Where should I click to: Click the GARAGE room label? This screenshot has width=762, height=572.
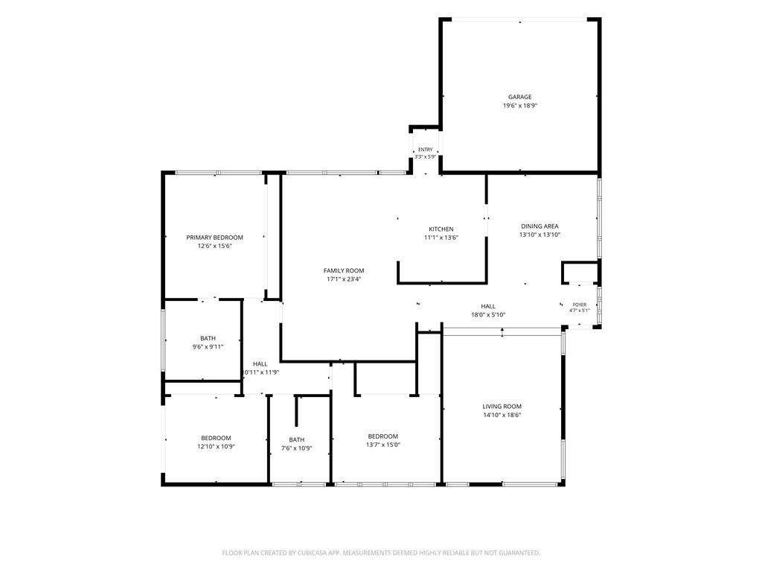click(520, 97)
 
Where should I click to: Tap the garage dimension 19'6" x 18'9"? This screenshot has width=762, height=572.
click(520, 106)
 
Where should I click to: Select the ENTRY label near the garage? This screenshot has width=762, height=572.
click(425, 150)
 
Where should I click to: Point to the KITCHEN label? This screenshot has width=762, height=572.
click(441, 229)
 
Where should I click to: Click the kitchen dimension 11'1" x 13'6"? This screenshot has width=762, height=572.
click(441, 238)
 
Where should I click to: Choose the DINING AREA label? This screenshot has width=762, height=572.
click(540, 226)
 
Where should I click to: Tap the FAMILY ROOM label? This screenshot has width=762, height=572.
click(344, 271)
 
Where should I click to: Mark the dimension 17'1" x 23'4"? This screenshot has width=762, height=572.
click(344, 279)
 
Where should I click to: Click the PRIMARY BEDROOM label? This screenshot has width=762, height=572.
click(215, 238)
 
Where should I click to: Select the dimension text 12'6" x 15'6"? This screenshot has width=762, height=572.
click(215, 246)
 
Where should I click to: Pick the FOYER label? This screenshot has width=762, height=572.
click(580, 305)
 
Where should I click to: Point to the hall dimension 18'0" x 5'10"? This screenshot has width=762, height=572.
click(488, 315)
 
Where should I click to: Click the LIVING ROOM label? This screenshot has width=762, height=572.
click(502, 407)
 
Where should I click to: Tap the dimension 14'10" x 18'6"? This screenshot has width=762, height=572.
click(502, 416)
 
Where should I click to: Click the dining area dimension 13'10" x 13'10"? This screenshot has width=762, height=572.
click(540, 235)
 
